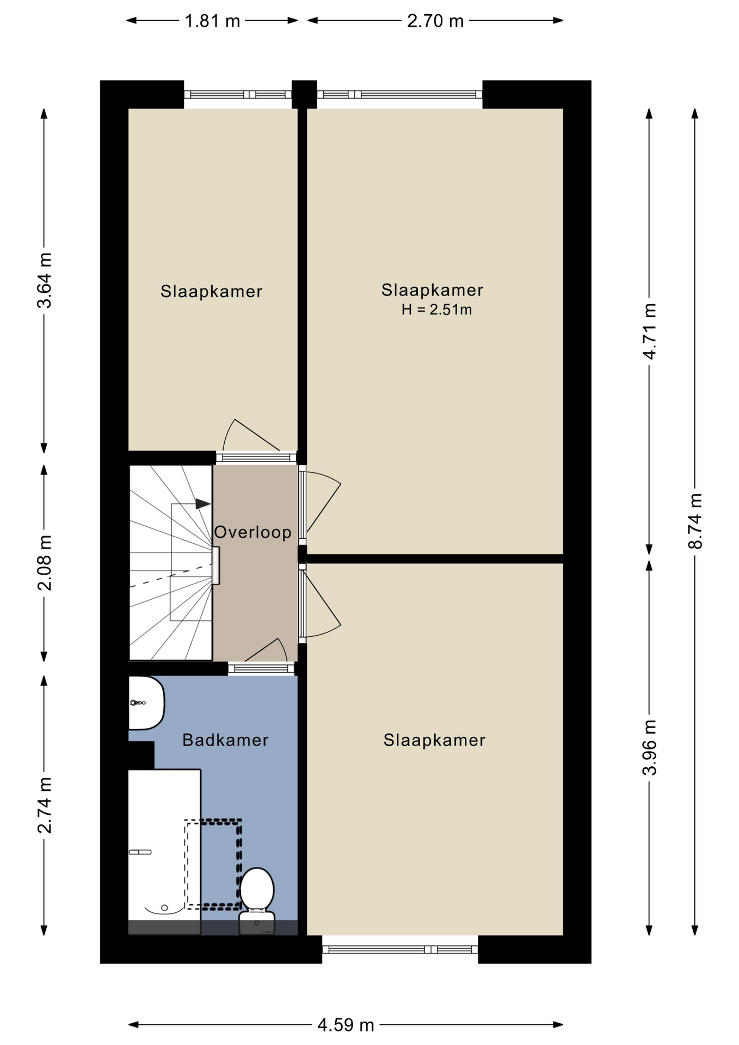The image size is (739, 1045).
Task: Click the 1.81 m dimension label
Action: tap(212, 21)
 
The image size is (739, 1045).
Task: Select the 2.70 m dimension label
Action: tap(435, 21)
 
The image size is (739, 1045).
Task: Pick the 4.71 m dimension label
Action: tap(650, 331)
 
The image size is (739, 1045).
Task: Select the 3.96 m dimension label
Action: tap(650, 747)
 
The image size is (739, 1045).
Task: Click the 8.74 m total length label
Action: tap(695, 521)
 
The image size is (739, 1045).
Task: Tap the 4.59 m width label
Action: tap(346, 1025)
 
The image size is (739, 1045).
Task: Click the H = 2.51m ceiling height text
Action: tap(436, 310)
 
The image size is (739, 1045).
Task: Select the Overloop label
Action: tap(253, 532)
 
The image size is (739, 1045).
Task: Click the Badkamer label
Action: tap(225, 740)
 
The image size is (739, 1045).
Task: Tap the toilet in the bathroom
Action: tap(257, 901)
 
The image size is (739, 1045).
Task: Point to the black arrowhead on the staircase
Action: tap(203, 504)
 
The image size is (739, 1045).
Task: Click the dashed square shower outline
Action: tap(213, 864)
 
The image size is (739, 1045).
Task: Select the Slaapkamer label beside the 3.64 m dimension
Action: tap(211, 291)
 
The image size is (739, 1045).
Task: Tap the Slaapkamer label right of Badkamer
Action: tap(434, 740)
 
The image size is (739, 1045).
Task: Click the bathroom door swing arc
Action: tap(282, 649)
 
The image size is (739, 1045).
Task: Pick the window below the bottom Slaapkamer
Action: tap(400, 949)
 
